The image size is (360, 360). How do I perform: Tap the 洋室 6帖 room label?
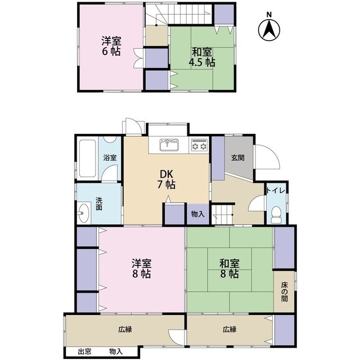(111, 46)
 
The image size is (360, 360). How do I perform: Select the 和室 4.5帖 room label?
(200, 56)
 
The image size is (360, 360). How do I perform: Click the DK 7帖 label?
(166, 178)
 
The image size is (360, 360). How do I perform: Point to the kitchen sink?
(169, 145)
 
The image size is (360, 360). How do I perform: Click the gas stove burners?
(199, 145)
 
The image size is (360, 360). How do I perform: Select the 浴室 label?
(110, 158)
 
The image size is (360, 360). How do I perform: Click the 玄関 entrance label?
(237, 157)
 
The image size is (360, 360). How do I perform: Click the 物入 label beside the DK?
(197, 214)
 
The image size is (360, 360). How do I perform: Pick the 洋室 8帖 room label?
(141, 269)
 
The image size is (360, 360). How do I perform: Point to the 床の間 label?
(285, 292)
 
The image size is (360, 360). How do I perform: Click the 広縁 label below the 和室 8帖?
(229, 330)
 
